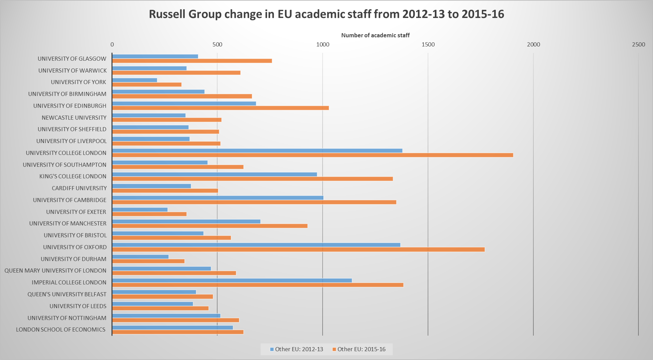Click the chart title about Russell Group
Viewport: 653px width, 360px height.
[326, 14]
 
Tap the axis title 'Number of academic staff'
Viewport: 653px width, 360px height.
[375, 35]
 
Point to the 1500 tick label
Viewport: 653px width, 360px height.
[428, 45]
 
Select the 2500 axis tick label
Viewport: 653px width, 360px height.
[638, 45]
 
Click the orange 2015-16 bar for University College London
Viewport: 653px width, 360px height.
[312, 155]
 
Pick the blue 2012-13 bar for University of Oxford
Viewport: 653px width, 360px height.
[256, 245]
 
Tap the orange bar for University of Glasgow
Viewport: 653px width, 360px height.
[192, 61]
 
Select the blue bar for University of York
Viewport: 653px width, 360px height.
[135, 80]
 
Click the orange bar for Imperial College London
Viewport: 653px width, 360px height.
[258, 285]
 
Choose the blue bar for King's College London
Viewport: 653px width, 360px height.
[215, 174]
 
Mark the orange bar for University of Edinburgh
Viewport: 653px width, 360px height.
[220, 108]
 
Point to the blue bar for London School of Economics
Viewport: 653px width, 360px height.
[172, 327]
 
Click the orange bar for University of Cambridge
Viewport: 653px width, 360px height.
[254, 202]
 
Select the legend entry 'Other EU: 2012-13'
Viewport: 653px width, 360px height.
[297, 349]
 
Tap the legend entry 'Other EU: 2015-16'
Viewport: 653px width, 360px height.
[359, 349]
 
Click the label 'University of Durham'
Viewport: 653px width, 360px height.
[74, 259]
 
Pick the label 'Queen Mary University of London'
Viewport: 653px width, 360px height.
[55, 271]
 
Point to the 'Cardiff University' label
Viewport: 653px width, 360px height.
[79, 188]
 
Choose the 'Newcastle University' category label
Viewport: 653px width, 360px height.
[74, 118]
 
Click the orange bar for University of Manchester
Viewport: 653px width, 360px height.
[210, 226]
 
